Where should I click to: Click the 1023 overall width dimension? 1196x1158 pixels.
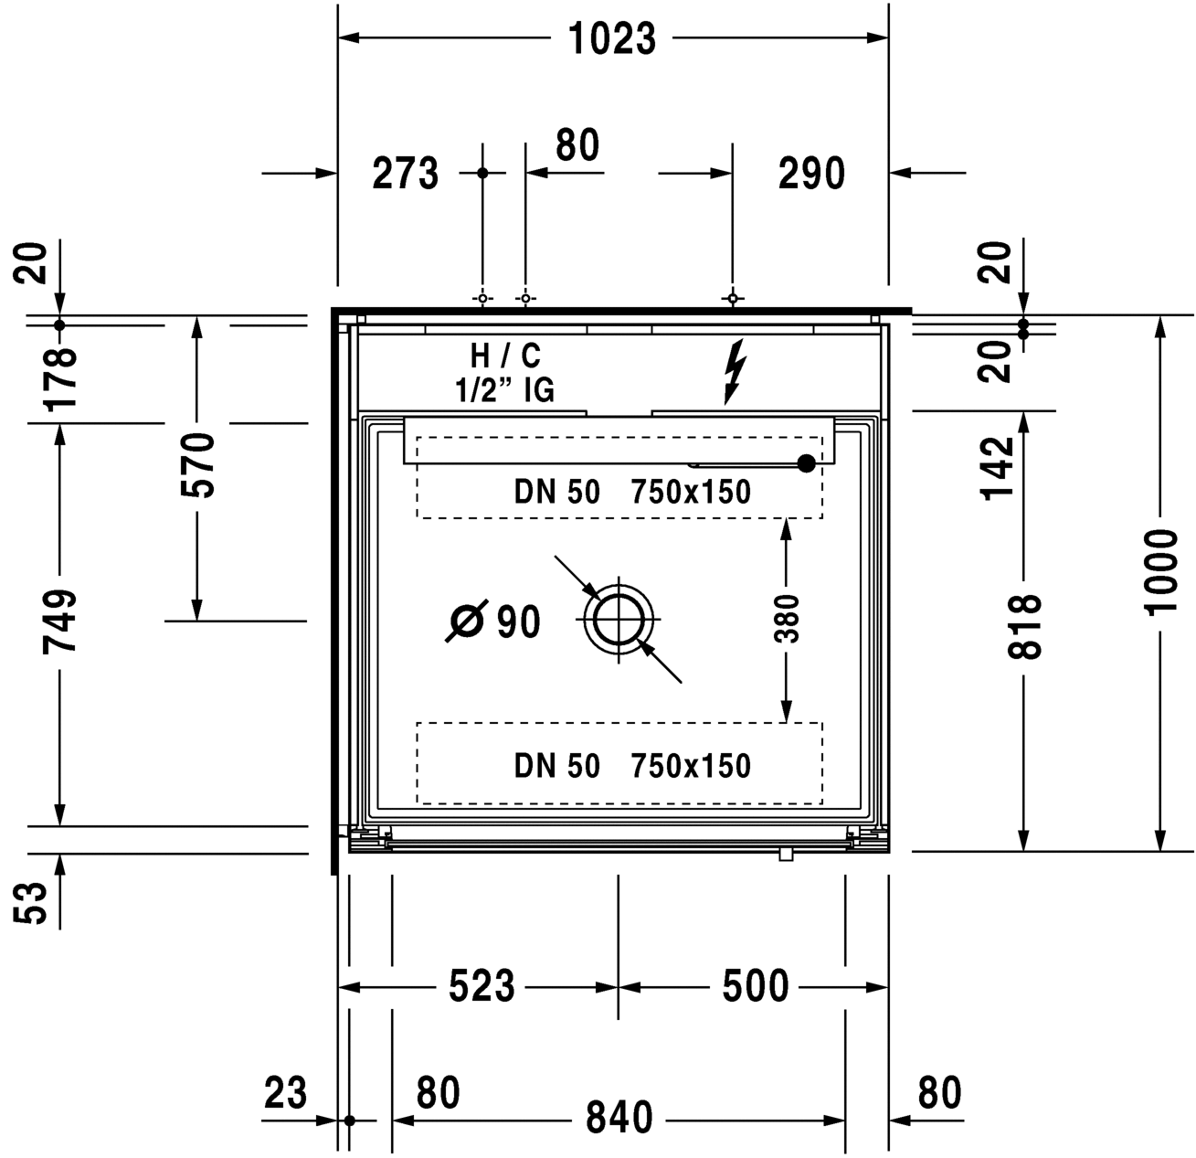(612, 38)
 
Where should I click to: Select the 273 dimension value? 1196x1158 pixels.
(406, 174)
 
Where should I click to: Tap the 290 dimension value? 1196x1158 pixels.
(811, 174)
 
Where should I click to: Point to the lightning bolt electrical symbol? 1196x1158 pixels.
(735, 372)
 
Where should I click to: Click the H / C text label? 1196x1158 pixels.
(505, 356)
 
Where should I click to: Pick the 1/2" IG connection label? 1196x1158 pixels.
(504, 390)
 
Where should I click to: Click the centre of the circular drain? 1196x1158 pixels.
(619, 620)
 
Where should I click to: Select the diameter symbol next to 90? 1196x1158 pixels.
(467, 621)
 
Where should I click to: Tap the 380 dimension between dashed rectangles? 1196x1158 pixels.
(787, 619)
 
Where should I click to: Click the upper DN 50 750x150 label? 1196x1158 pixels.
(632, 493)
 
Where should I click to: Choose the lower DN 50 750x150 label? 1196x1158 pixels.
(632, 767)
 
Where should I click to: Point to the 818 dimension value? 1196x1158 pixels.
(1025, 627)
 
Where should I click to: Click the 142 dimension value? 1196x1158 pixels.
(999, 470)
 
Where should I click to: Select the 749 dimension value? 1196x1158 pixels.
(59, 622)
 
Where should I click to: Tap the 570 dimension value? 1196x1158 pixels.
(198, 466)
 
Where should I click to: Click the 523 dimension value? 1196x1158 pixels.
(482, 986)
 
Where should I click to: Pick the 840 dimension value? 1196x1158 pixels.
(619, 1118)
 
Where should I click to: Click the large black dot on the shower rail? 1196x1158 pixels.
(807, 463)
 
